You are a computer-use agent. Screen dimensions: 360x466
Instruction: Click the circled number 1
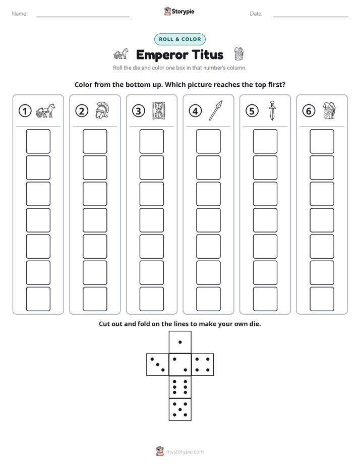click(25, 111)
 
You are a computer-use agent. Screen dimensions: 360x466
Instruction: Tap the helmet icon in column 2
click(102, 110)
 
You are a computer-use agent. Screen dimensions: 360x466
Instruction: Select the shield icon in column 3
click(159, 110)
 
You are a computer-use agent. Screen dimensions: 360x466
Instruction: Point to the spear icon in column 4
click(215, 110)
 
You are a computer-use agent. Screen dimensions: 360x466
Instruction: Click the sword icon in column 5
click(272, 110)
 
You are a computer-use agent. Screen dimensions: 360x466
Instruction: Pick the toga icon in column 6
click(329, 110)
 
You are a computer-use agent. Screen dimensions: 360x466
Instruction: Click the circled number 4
click(195, 111)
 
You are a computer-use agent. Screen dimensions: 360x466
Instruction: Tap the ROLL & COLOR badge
click(179, 39)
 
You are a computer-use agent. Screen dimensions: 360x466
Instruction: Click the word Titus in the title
click(207, 54)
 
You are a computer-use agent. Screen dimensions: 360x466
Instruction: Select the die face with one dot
click(180, 342)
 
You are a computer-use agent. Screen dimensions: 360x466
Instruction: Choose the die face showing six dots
click(180, 387)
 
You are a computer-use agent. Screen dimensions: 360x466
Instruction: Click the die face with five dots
click(180, 409)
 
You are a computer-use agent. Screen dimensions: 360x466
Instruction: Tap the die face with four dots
click(203, 365)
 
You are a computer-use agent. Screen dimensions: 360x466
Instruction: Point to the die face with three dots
click(158, 365)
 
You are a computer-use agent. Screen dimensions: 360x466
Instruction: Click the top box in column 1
click(38, 141)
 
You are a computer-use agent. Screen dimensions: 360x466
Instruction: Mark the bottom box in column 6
click(322, 299)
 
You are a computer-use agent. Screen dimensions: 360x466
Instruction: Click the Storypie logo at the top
click(179, 11)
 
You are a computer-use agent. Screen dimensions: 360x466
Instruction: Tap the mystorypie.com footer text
click(185, 452)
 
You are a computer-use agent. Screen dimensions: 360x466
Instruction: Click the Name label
click(20, 14)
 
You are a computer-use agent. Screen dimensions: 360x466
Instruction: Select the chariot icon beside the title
click(121, 54)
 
